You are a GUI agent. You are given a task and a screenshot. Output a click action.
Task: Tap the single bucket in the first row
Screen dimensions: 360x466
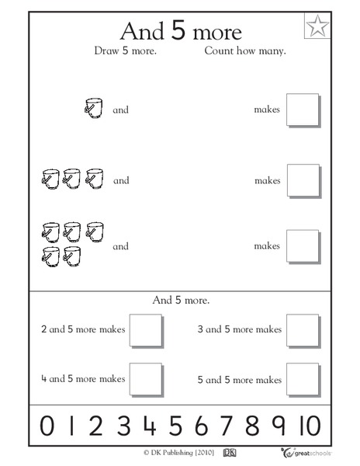(x=93, y=109)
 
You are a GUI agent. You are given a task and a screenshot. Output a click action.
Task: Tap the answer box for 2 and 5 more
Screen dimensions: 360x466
(x=146, y=329)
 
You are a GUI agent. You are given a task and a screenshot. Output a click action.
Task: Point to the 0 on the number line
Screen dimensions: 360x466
(x=47, y=426)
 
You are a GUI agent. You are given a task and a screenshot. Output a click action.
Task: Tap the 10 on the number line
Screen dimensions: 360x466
(x=308, y=426)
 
